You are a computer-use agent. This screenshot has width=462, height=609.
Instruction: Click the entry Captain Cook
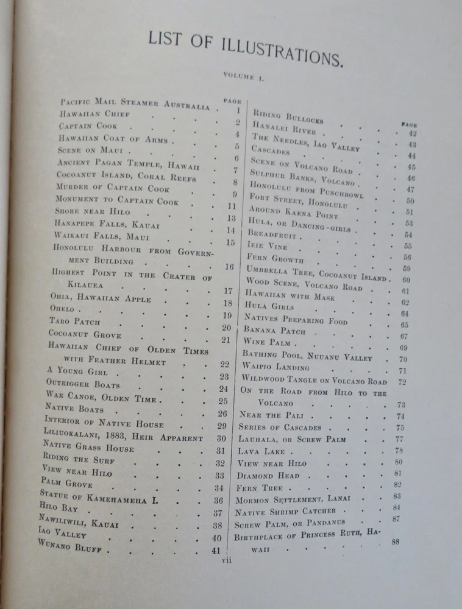click(88, 126)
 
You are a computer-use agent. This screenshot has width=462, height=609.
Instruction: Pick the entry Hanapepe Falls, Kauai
click(107, 224)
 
